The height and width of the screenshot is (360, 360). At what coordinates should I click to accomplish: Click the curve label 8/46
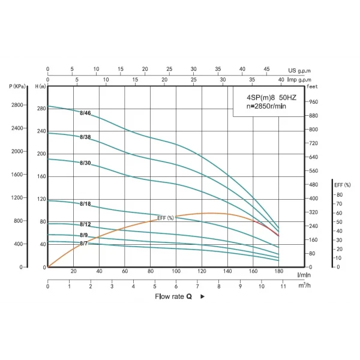coord(85,113)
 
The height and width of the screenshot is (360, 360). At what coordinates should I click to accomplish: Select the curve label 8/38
coord(85,137)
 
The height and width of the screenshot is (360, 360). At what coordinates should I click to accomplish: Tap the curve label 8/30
coord(85,163)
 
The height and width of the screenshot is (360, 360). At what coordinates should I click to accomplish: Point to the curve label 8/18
coord(85,204)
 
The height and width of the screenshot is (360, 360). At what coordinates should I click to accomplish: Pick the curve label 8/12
coord(85,224)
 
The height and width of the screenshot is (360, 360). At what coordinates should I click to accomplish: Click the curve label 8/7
coord(83,243)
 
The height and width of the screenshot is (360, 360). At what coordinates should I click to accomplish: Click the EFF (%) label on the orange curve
coord(166,218)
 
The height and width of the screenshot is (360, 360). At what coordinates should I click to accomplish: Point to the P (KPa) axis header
coord(18,87)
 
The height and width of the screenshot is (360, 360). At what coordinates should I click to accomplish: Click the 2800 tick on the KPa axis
coord(17,105)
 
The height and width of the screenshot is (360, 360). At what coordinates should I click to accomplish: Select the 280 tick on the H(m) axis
coord(41,109)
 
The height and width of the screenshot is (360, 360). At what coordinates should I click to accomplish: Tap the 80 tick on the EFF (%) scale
coord(340,195)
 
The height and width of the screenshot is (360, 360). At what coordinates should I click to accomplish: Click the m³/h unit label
coord(304,286)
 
